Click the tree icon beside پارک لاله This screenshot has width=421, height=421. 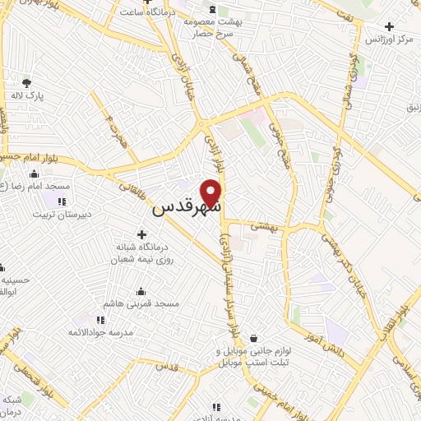coord(26,83)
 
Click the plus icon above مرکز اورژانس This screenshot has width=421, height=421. coord(400,26)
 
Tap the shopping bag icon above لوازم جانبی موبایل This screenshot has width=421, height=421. coord(254,337)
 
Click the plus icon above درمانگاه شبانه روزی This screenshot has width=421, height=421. coord(141,235)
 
